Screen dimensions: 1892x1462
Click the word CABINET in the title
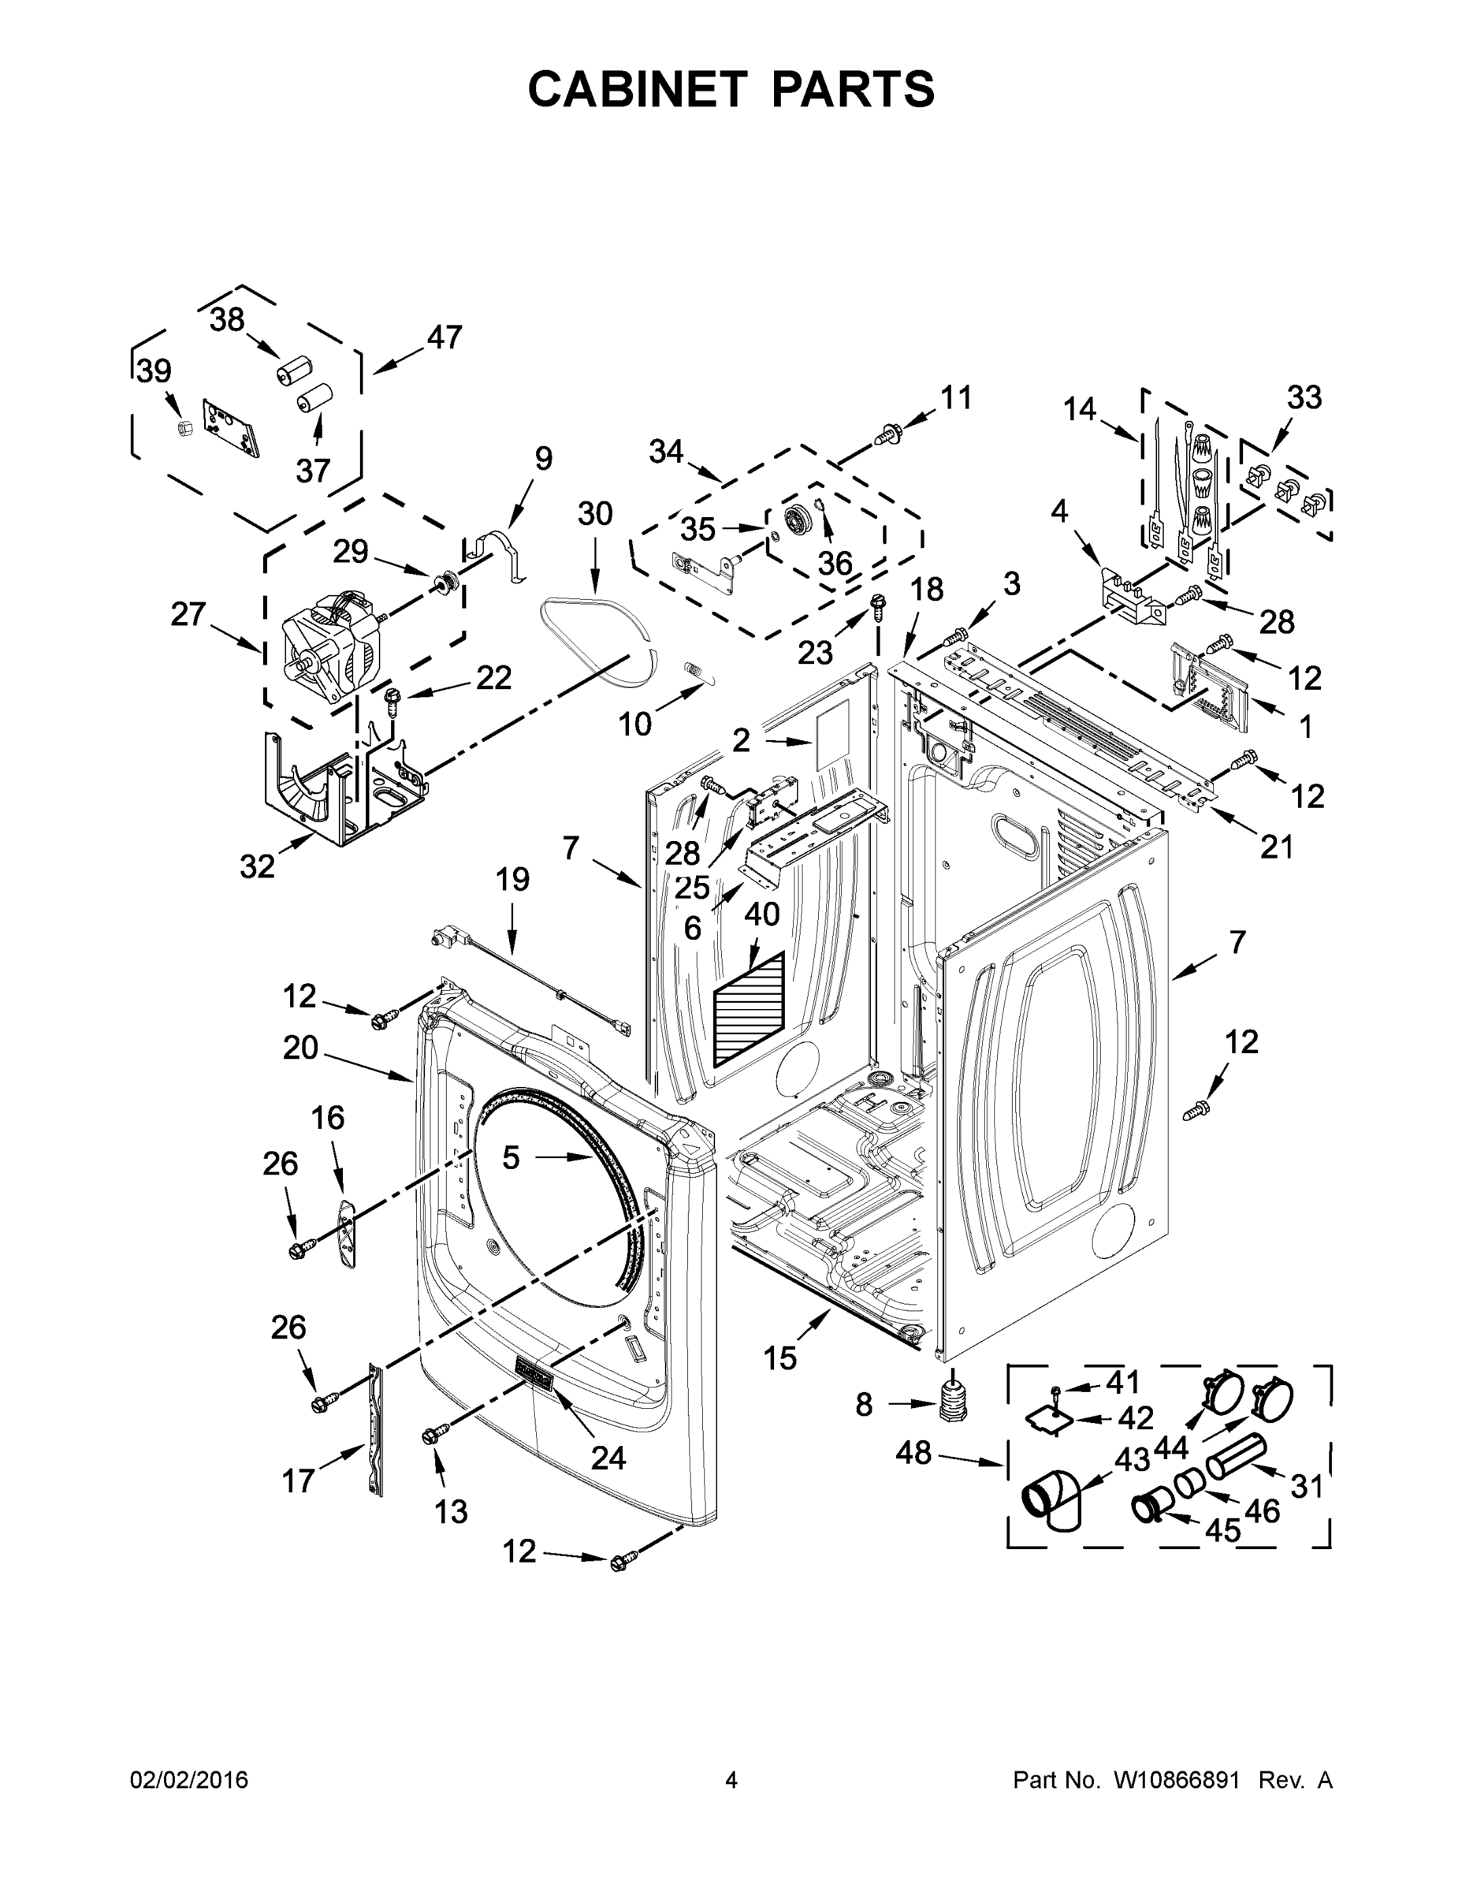[637, 89]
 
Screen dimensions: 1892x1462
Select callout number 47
[445, 337]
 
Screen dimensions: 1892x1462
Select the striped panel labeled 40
[750, 1010]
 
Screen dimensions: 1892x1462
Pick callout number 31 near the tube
[1306, 1487]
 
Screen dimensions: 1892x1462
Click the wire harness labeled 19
[528, 976]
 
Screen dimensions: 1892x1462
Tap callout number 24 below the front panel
[607, 1458]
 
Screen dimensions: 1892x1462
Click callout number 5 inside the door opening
[511, 1156]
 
